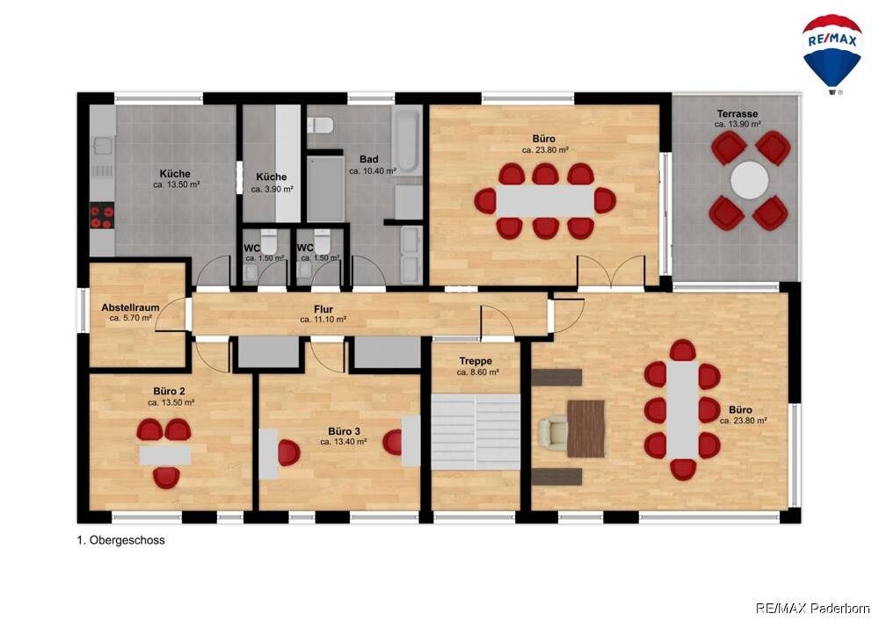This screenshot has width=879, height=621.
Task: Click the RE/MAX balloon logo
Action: click(832, 54)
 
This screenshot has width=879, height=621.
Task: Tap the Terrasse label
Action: click(737, 113)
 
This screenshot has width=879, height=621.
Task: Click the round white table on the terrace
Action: click(750, 180)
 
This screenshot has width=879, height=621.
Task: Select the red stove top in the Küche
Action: click(102, 216)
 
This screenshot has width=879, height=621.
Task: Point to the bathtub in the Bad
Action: click(407, 141)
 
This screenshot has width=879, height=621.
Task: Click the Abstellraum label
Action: click(130, 307)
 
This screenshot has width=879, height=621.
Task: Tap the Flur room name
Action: click(323, 309)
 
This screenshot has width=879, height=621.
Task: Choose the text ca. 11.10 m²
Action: click(323, 320)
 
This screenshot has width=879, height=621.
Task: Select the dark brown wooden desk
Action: click(585, 429)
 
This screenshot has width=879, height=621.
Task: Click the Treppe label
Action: click(476, 361)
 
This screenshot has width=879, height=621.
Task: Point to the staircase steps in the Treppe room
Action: click(476, 432)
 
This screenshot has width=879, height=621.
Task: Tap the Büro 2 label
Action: click(170, 392)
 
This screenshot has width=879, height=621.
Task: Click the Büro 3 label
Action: click(345, 431)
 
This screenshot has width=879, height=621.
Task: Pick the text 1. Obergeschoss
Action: click(121, 540)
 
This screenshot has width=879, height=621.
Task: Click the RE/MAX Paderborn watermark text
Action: click(813, 608)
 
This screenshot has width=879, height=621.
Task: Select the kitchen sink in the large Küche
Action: click(103, 146)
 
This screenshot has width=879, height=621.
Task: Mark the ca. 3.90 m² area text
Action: click(272, 189)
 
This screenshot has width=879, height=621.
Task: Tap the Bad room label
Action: click(369, 160)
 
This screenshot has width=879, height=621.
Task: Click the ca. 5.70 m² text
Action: click(131, 318)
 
